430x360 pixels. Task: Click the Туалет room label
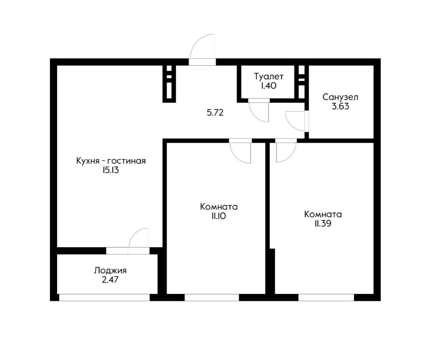pos(269,76)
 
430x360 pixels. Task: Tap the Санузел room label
pos(340,97)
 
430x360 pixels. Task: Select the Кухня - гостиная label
pos(111,161)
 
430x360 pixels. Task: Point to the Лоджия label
pos(110,271)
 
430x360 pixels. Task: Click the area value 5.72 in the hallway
pos(215,113)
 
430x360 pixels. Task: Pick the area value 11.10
pos(219,216)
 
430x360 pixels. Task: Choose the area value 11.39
pos(323,224)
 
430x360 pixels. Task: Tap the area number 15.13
pos(110,170)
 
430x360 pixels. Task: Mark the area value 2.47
pos(110,280)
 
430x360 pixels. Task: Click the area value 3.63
pos(340,106)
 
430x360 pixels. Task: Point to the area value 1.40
pos(269,86)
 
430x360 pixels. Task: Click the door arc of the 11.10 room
pos(240,153)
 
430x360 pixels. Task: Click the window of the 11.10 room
pos(212,298)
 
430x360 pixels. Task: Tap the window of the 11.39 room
pos(326,298)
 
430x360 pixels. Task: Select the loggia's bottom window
pos(104,298)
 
